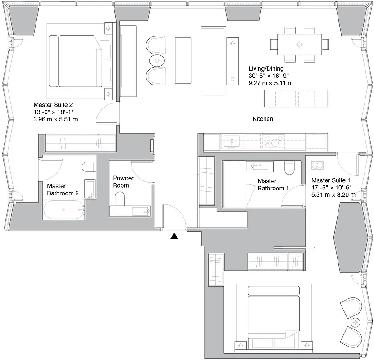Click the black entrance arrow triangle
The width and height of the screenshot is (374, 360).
click(x=174, y=236)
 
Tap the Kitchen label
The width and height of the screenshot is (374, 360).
click(x=263, y=119)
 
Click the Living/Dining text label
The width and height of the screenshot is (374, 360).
click(x=266, y=68)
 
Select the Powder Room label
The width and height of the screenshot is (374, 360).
click(x=123, y=182)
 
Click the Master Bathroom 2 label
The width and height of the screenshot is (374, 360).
click(x=63, y=189)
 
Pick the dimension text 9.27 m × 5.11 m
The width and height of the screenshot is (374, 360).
click(x=271, y=83)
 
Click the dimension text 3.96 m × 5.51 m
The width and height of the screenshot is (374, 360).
click(x=55, y=119)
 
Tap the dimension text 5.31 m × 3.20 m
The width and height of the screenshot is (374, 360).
click(x=333, y=195)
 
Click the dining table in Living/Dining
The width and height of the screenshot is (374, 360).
click(x=299, y=44)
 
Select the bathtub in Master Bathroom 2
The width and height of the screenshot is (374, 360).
click(x=64, y=209)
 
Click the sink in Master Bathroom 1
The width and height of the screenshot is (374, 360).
click(x=257, y=166)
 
